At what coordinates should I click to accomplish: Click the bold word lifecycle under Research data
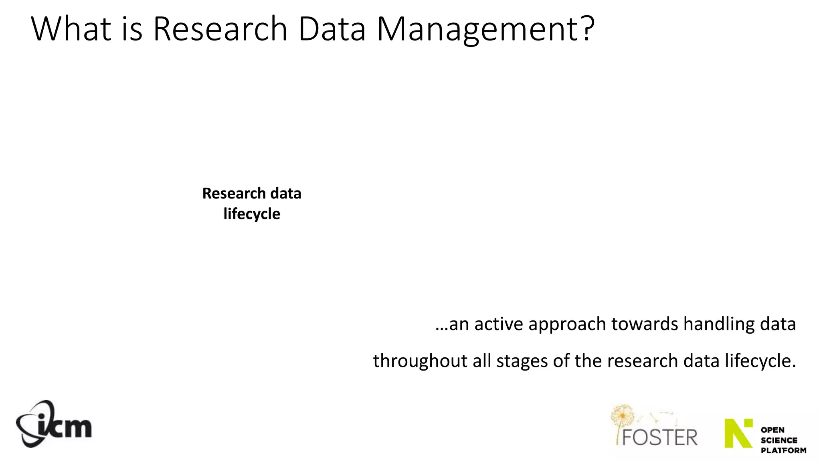252,214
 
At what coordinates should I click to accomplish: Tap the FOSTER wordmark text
659,437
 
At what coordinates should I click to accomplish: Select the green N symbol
738,433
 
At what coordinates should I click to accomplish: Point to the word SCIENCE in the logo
779,440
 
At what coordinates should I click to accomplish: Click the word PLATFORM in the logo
783,450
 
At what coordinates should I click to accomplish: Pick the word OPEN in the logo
772,430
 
